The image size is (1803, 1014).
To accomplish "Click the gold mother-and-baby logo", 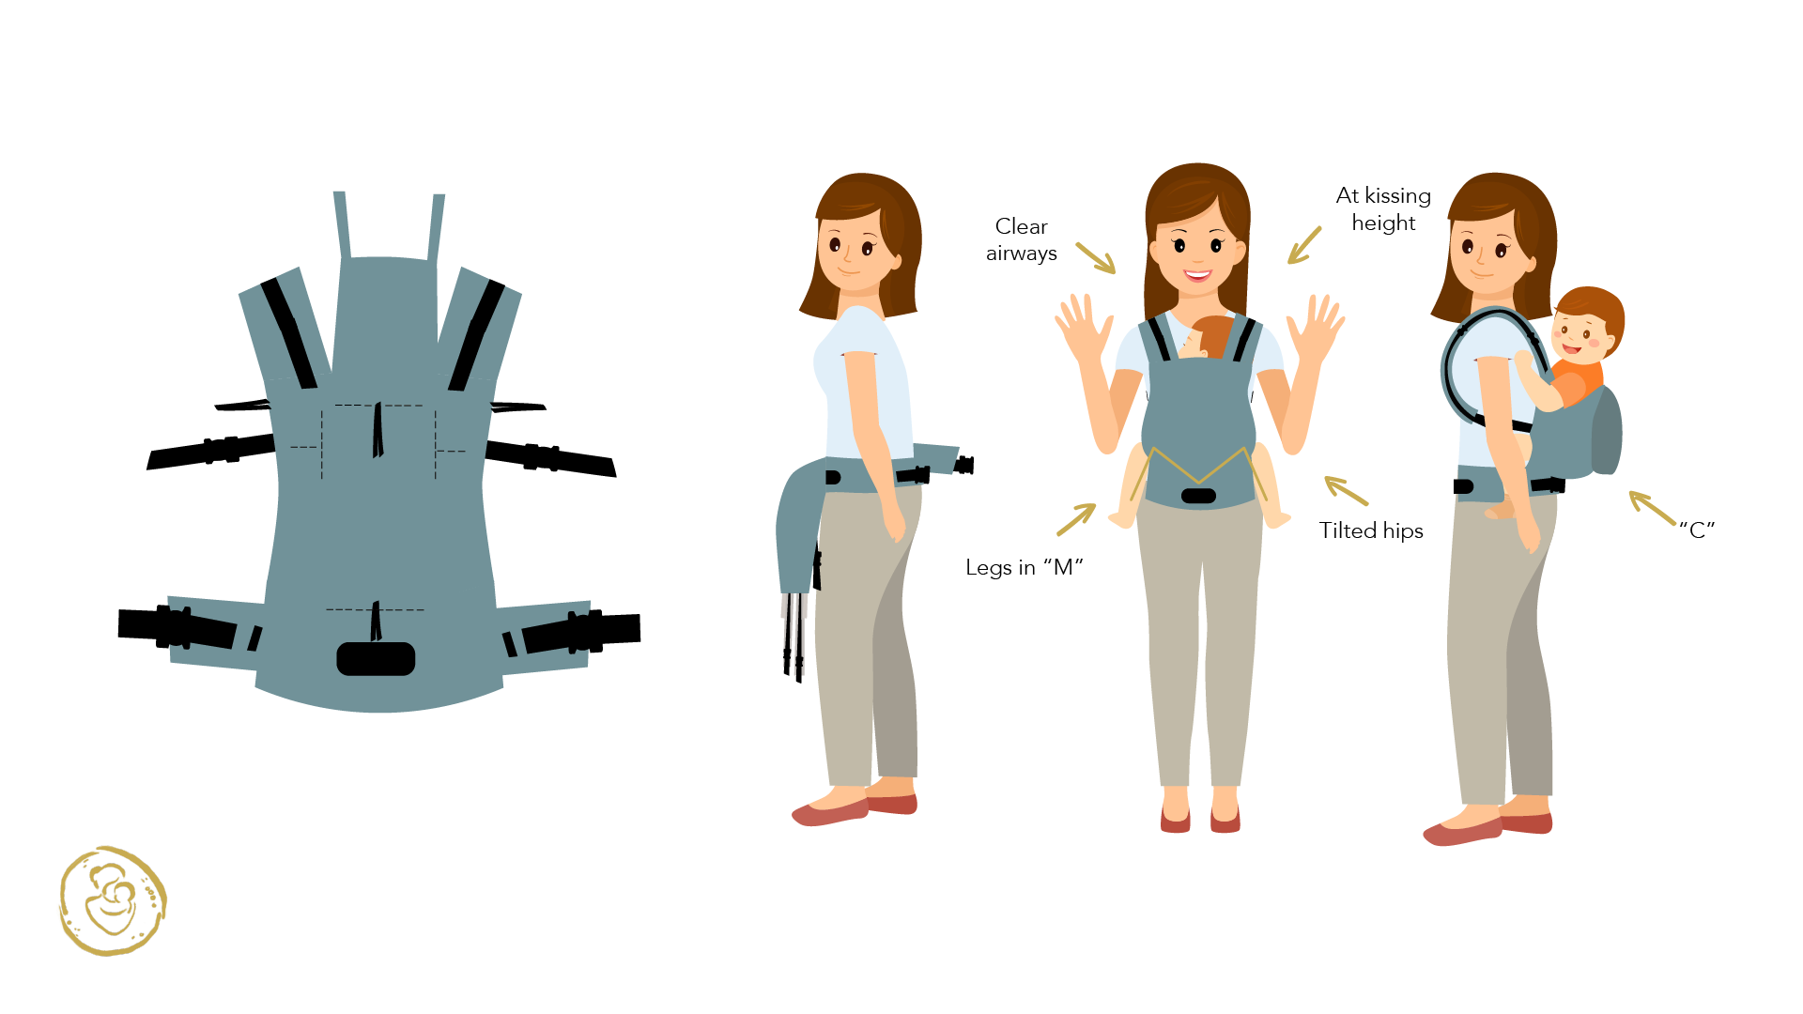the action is (113, 901).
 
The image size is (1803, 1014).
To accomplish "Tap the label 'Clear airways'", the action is (1022, 239).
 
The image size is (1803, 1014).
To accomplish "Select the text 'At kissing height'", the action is (1383, 208).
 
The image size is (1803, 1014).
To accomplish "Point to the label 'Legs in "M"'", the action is (1025, 567).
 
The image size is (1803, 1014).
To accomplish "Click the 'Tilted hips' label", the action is (1371, 530).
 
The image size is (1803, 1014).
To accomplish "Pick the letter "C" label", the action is (1697, 530).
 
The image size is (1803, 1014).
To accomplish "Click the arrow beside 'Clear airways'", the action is (1096, 258).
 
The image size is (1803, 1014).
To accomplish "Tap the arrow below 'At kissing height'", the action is (1304, 245).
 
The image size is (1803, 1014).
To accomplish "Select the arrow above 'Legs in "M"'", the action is (1076, 519).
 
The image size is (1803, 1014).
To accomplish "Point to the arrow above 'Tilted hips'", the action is (1346, 490).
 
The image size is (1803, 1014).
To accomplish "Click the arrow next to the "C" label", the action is (1652, 508).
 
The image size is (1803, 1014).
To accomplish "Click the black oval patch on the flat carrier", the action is (376, 659).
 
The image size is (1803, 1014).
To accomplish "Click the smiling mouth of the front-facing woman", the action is (1197, 275).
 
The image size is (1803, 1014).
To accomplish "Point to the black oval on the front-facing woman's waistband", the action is (1198, 496).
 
